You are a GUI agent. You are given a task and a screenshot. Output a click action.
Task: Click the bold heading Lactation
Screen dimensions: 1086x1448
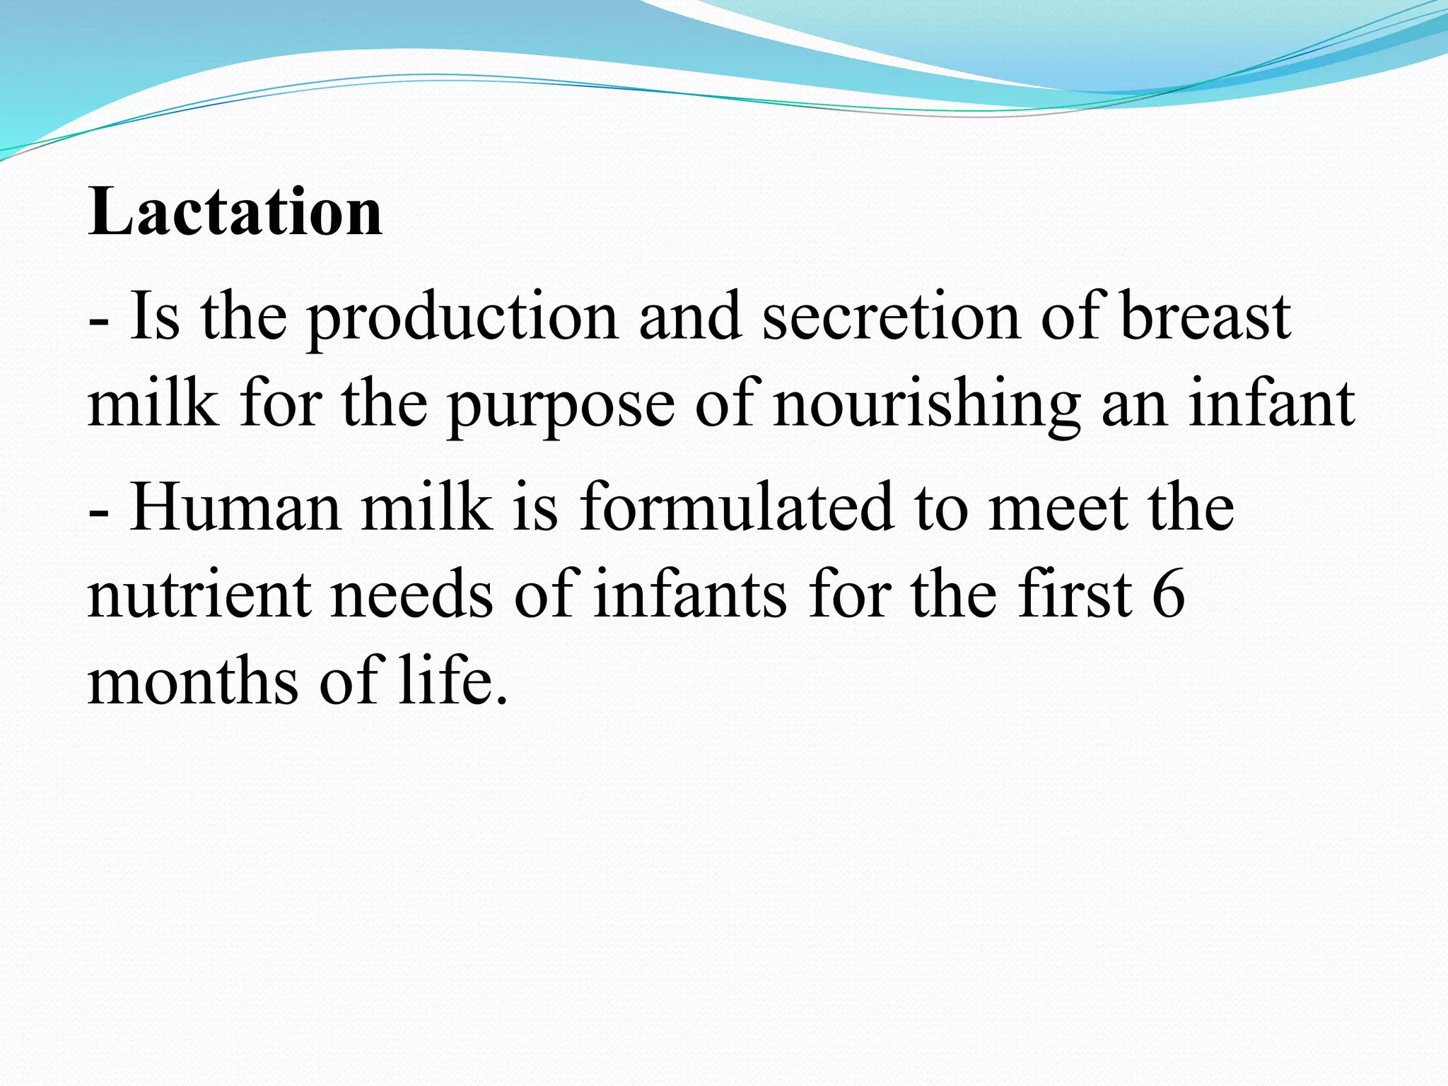click(x=235, y=212)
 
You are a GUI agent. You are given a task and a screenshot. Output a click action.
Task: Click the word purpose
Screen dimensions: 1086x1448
click(x=561, y=407)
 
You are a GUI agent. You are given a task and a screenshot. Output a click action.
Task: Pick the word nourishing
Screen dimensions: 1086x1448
click(x=927, y=407)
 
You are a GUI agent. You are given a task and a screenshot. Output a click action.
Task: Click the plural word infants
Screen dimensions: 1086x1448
click(x=689, y=594)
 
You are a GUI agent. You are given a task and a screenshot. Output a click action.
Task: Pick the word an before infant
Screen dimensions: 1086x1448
click(x=1134, y=407)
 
